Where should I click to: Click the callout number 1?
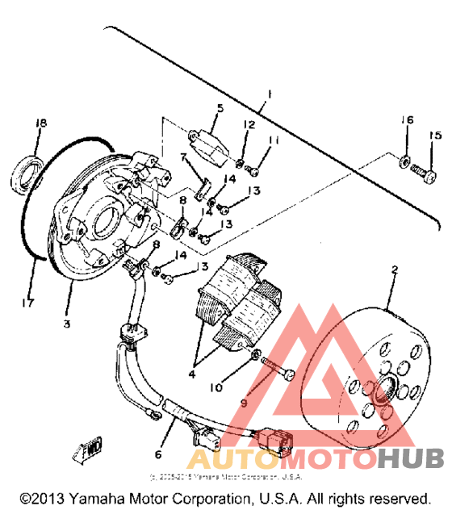(270, 94)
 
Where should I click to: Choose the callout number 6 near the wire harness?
(159, 441)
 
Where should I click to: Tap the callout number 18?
(40, 122)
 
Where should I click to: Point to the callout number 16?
(408, 121)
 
